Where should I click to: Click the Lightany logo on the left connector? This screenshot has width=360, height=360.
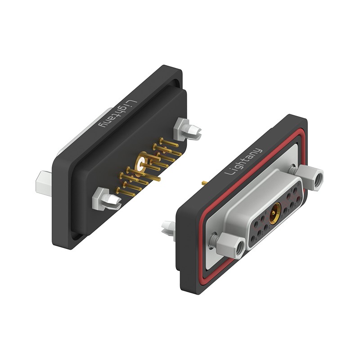pos(117,114)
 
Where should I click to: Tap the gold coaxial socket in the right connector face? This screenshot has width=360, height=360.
pos(275,213)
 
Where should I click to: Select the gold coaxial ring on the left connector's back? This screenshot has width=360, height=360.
pos(141,163)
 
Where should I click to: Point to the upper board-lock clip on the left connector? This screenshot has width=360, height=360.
pos(187,130)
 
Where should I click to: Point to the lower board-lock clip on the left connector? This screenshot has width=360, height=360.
pos(106,199)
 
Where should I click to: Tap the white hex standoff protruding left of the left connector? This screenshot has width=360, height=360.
pos(44,184)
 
